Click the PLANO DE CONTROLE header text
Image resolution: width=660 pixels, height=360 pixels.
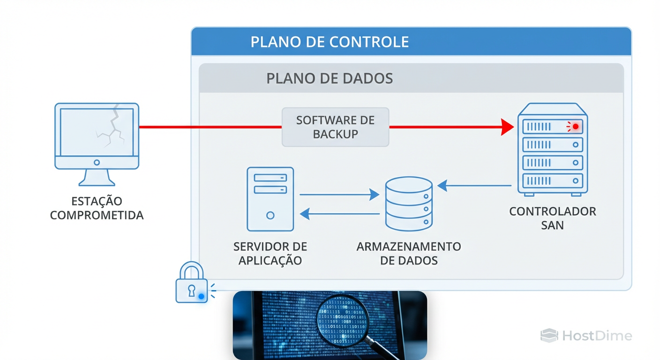(330, 42)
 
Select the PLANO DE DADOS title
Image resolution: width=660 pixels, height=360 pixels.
(330, 78)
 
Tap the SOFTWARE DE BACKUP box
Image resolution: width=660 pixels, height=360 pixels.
(335, 127)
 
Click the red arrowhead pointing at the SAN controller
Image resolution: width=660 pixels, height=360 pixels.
(507, 127)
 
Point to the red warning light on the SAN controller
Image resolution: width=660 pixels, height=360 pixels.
(575, 127)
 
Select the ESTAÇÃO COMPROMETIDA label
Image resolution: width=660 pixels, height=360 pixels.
(97, 209)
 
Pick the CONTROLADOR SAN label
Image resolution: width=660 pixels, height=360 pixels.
(553, 218)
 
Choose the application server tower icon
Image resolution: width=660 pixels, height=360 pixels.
(270, 199)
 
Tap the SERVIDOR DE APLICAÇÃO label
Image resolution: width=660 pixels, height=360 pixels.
(270, 254)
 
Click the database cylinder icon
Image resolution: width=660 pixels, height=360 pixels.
(408, 204)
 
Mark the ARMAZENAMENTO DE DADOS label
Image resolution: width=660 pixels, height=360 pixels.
(409, 254)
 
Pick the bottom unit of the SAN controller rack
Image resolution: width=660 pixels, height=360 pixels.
(553, 180)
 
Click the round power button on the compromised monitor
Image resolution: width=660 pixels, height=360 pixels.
(97, 163)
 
